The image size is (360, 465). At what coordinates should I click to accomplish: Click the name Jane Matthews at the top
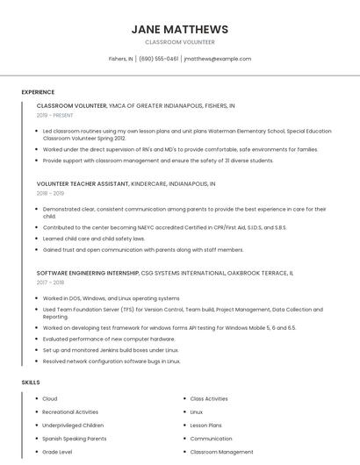tap(179, 29)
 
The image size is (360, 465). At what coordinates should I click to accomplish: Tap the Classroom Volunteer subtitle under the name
tap(179, 42)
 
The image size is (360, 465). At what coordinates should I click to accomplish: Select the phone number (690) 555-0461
tap(159, 59)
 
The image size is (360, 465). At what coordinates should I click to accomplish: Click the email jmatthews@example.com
tap(217, 59)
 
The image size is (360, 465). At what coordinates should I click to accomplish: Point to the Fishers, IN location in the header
tap(120, 59)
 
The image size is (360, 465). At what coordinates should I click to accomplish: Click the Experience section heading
tap(38, 91)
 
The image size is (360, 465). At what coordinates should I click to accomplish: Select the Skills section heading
tap(30, 383)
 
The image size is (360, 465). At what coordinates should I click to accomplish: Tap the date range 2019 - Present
tap(54, 115)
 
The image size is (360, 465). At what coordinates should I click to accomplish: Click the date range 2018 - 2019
tap(50, 193)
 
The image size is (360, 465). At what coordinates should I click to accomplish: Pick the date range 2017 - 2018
tap(50, 283)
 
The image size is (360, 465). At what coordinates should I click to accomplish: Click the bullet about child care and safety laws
tap(94, 238)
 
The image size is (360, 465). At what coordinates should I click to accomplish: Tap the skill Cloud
tap(50, 398)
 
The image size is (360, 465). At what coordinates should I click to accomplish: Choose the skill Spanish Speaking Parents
tap(75, 438)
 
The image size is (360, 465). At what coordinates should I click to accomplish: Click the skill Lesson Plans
tap(205, 425)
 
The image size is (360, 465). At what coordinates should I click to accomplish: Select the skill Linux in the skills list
tap(197, 411)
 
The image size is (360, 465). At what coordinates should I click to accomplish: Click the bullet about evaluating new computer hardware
tap(109, 339)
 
